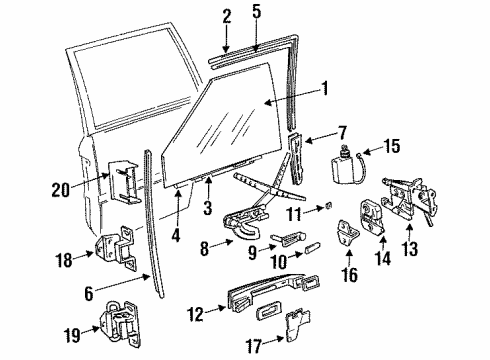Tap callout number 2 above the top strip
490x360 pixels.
(226, 15)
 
